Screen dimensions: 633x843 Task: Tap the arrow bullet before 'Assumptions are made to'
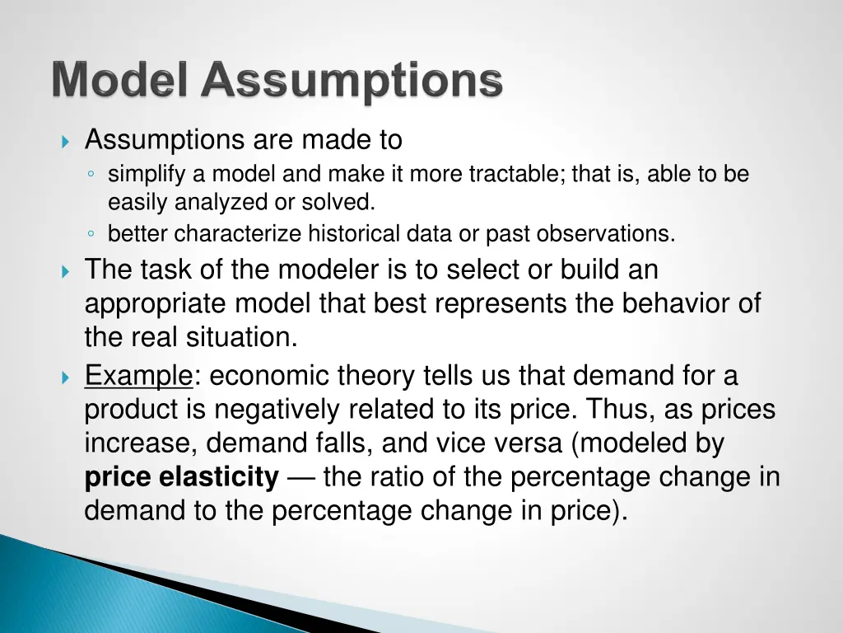[x=67, y=142]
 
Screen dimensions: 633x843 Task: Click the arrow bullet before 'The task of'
[x=67, y=270]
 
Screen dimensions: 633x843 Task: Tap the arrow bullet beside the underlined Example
[x=67, y=377]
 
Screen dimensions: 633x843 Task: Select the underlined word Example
[x=138, y=377]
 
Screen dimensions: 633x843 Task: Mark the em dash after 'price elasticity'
[x=300, y=477]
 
